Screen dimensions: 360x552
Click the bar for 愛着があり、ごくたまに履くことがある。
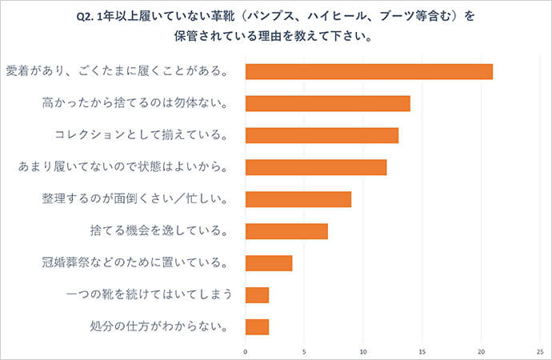369,71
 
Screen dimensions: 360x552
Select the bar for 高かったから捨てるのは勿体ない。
327,103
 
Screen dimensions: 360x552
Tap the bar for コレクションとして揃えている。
322,135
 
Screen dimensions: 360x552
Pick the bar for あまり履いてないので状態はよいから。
316,167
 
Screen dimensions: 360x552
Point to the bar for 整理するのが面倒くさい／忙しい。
298,199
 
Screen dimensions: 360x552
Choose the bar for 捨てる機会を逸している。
286,231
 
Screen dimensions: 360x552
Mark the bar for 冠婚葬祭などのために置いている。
269,263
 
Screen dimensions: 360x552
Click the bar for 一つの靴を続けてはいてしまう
257,295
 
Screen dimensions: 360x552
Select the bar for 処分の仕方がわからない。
257,326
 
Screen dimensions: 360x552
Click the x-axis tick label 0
246,350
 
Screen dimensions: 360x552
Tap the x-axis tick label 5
305,350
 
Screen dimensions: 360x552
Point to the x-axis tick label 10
363,350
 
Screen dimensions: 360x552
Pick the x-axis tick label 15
422,350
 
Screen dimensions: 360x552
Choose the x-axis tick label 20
481,350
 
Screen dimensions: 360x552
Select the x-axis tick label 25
540,350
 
